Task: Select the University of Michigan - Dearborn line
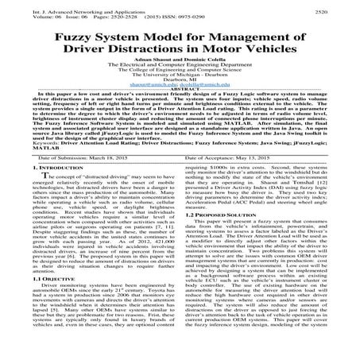click(180, 90)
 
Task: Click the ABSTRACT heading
click(180, 111)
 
